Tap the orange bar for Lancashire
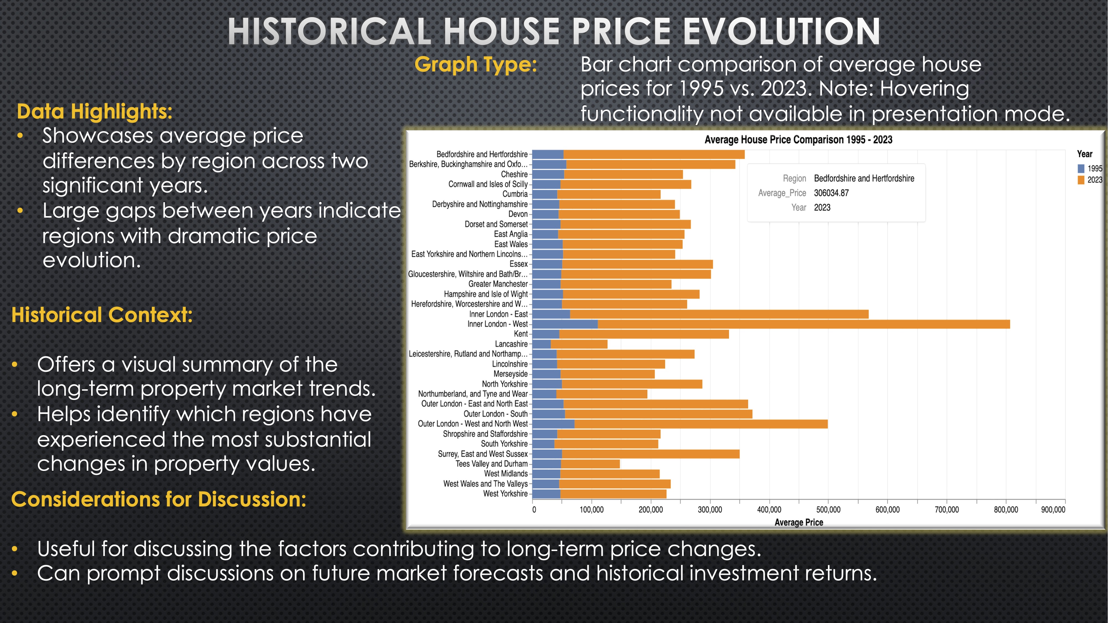(579, 344)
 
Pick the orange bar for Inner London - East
(719, 314)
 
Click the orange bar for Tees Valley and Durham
(590, 464)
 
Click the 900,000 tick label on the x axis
(1053, 509)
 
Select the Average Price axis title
(799, 522)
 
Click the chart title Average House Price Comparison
(798, 140)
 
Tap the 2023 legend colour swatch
(1081, 180)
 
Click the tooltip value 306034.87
(831, 193)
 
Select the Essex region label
(518, 264)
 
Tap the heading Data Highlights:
(95, 111)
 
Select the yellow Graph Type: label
(476, 65)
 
